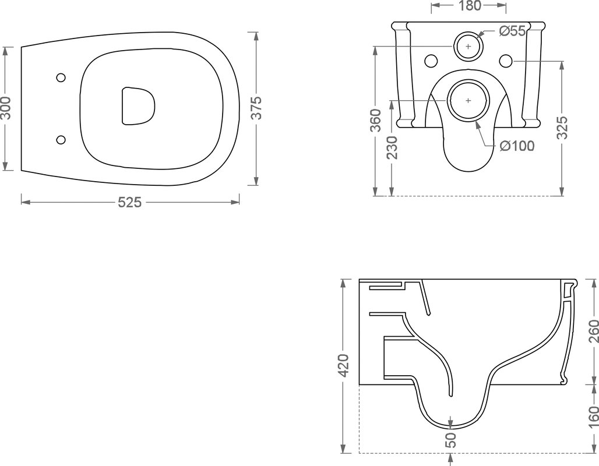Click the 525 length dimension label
(129, 202)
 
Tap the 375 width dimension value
(257, 108)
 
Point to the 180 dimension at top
(469, 6)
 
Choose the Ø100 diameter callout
(517, 146)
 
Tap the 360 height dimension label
(376, 121)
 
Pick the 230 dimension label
(392, 148)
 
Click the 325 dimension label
(562, 128)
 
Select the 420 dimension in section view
(344, 366)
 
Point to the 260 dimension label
(593, 331)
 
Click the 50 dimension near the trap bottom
(451, 440)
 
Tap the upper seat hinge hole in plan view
(61, 77)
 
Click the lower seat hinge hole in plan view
(61, 140)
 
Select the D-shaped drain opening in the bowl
(138, 106)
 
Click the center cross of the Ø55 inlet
(468, 46)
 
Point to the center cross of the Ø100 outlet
(468, 100)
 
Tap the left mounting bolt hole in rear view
(431, 61)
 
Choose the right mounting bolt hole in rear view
(505, 61)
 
